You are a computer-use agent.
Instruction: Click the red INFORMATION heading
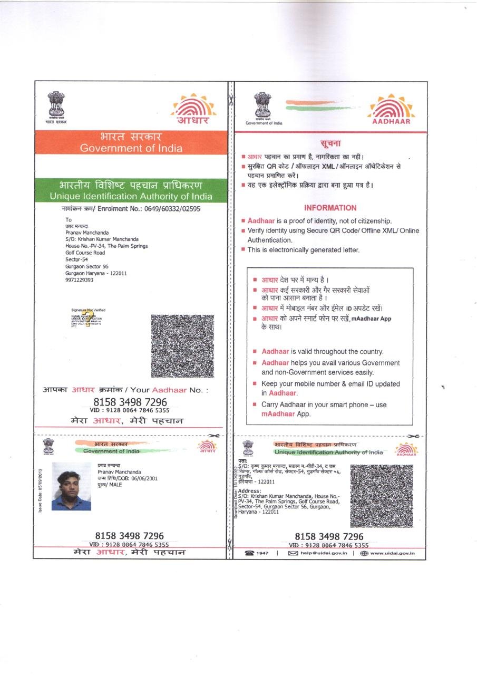330,208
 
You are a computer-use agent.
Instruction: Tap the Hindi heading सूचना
330,143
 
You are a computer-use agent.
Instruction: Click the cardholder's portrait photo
71,487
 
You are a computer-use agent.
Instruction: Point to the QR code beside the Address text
382,496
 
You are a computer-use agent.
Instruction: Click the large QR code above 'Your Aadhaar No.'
182,346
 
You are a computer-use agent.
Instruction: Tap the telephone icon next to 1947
249,553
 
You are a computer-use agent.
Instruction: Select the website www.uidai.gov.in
392,553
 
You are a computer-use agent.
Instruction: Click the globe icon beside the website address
364,553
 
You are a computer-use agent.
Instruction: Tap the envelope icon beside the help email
293,553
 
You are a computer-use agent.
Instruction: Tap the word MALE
115,485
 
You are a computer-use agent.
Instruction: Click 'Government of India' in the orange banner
131,148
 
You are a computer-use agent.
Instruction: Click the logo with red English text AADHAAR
391,111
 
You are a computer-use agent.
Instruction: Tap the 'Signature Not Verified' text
88,310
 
